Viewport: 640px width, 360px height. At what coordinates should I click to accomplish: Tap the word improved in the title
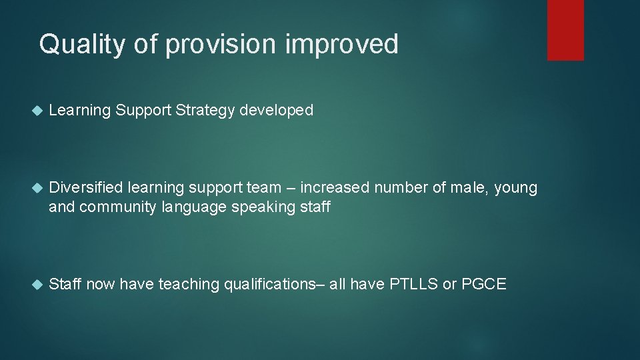tap(342, 45)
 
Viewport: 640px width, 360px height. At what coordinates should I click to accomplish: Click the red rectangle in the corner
tap(565, 30)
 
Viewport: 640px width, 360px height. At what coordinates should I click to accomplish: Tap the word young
tap(515, 189)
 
